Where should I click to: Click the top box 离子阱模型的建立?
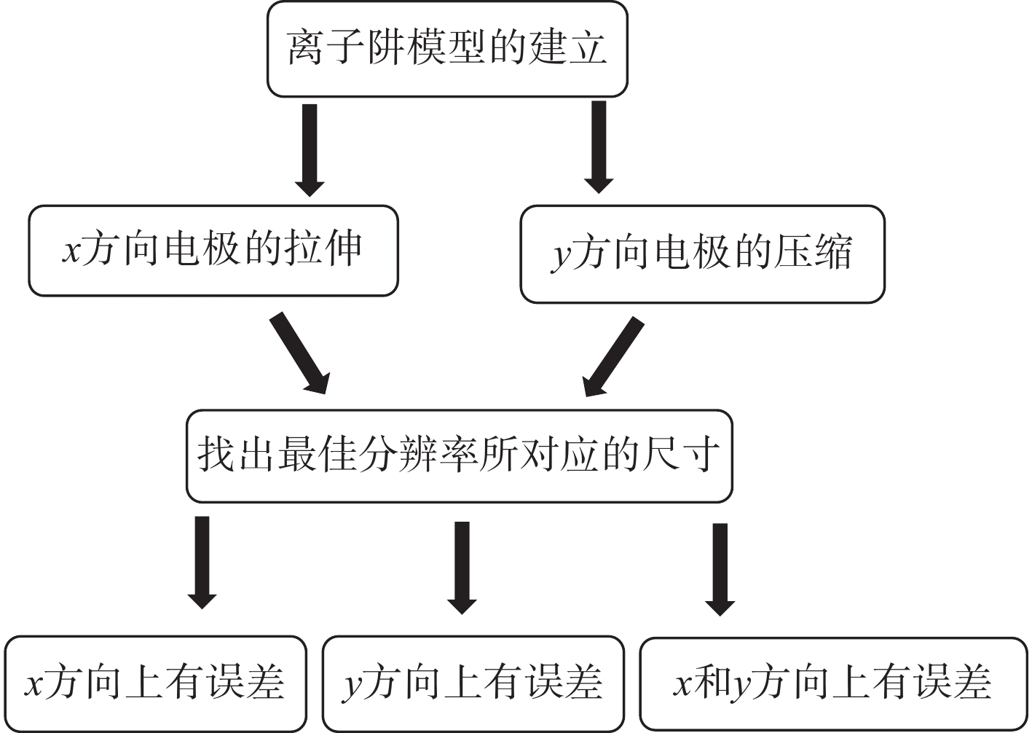tap(447, 49)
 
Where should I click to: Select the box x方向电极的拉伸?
tap(213, 251)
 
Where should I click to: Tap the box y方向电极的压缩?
tap(702, 254)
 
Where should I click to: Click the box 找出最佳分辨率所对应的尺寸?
tap(459, 456)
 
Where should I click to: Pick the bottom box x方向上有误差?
tap(155, 683)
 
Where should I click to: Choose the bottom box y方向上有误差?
tap(473, 683)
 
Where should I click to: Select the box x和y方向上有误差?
tap(833, 683)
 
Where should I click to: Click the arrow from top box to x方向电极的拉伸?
tap(310, 149)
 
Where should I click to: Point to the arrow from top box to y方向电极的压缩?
tap(599, 147)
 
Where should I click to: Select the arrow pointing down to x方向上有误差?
tap(202, 562)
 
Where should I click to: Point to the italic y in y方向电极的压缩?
tap(561, 256)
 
